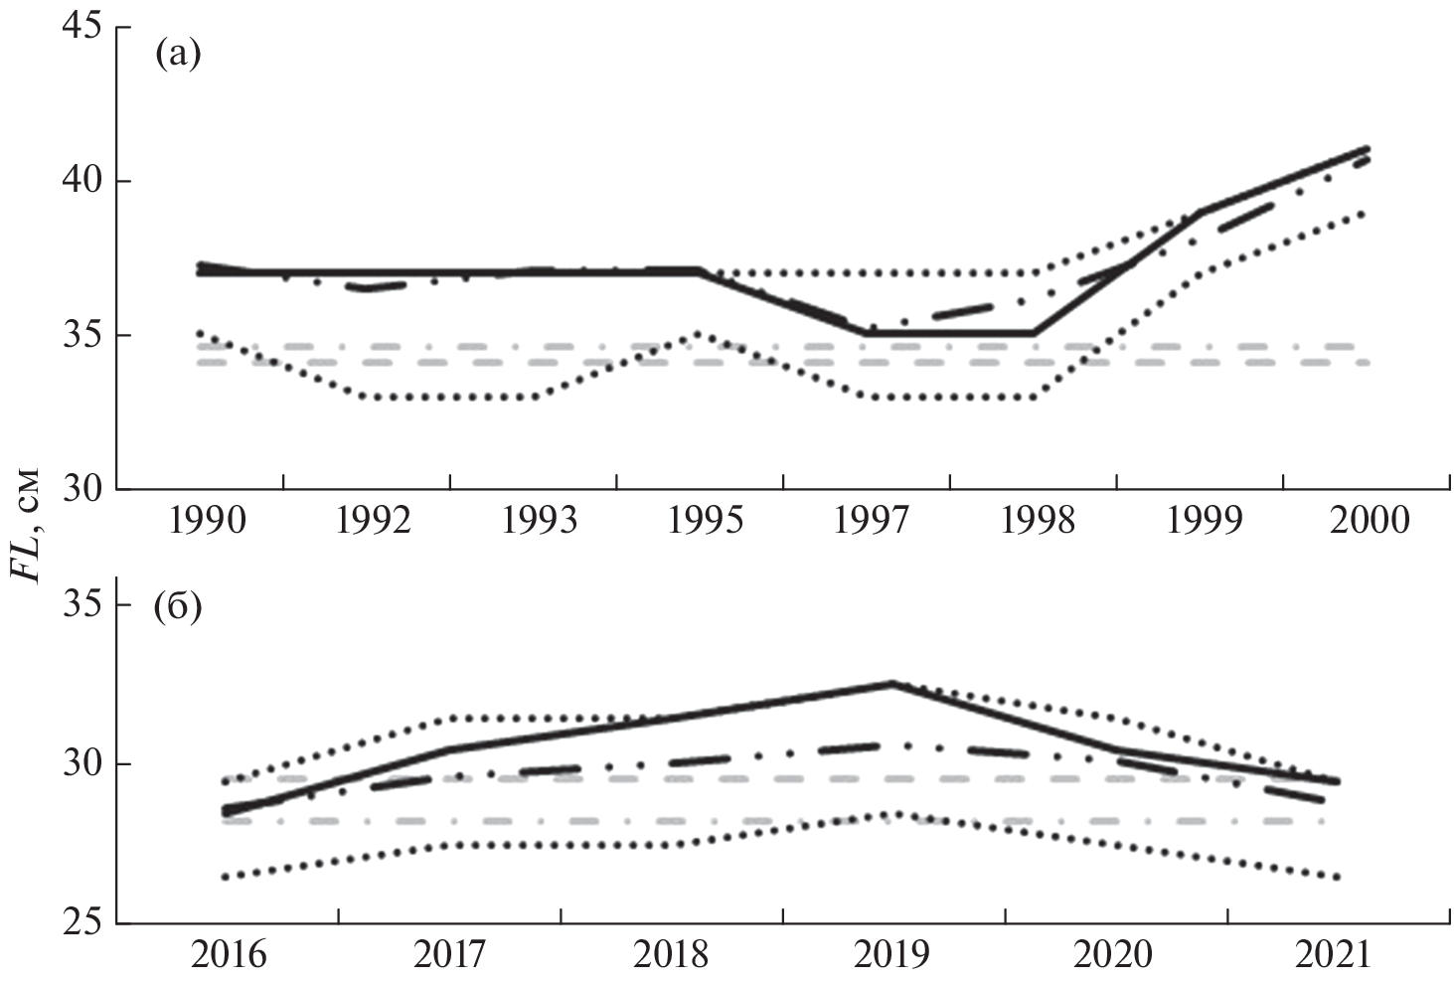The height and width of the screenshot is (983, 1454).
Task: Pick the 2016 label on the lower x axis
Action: coord(229,954)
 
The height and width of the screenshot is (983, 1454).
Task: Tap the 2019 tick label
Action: coord(891,954)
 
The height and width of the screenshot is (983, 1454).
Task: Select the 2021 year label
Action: coord(1334,954)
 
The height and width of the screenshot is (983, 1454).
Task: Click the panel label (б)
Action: coord(178,605)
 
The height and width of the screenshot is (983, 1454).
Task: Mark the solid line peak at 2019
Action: coord(892,683)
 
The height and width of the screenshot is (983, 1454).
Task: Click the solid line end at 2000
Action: coord(1368,149)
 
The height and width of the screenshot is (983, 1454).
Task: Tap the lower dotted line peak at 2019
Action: coord(892,813)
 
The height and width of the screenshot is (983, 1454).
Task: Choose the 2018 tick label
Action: coord(671,954)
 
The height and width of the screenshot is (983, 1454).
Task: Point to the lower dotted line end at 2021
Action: coord(1336,877)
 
